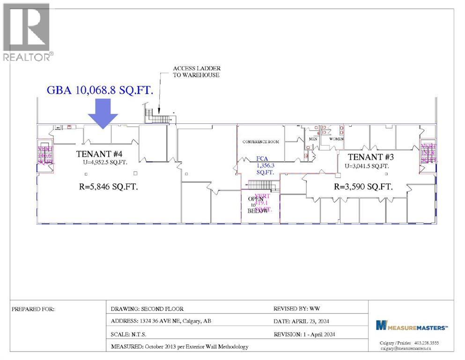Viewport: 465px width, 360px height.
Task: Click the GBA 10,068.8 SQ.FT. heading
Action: coord(101,90)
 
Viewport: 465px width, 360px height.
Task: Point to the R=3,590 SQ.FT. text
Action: coord(363,186)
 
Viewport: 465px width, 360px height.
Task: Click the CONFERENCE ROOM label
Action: coord(260,142)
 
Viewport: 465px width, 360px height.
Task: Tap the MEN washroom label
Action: coord(313,139)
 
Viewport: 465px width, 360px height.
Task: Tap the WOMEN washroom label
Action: coord(336,139)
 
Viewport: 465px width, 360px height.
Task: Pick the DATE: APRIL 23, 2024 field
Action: coord(303,322)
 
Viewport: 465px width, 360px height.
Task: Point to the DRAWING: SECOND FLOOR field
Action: coord(147,309)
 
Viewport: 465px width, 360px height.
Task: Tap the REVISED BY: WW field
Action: coord(297,309)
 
